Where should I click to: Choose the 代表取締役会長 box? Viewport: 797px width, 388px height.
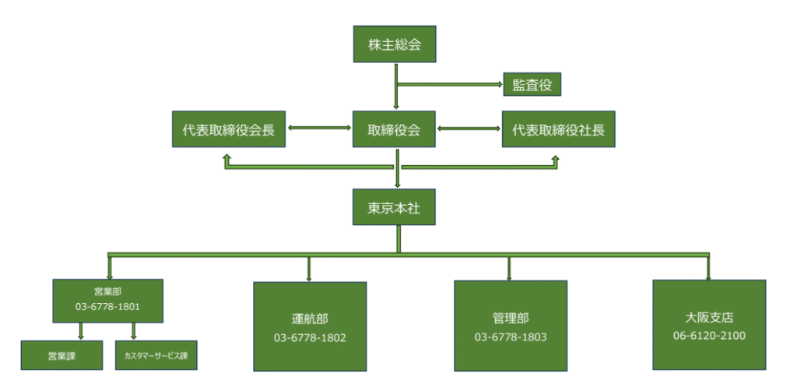(x=228, y=129)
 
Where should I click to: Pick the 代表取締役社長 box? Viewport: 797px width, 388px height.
(x=558, y=129)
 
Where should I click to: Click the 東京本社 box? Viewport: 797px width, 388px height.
(x=398, y=207)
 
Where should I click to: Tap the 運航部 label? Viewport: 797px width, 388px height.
(x=309, y=319)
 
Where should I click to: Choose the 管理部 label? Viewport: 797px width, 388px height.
(x=510, y=318)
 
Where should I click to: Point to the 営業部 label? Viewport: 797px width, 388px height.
(x=108, y=292)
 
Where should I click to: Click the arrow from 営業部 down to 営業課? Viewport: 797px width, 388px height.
(x=80, y=331)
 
